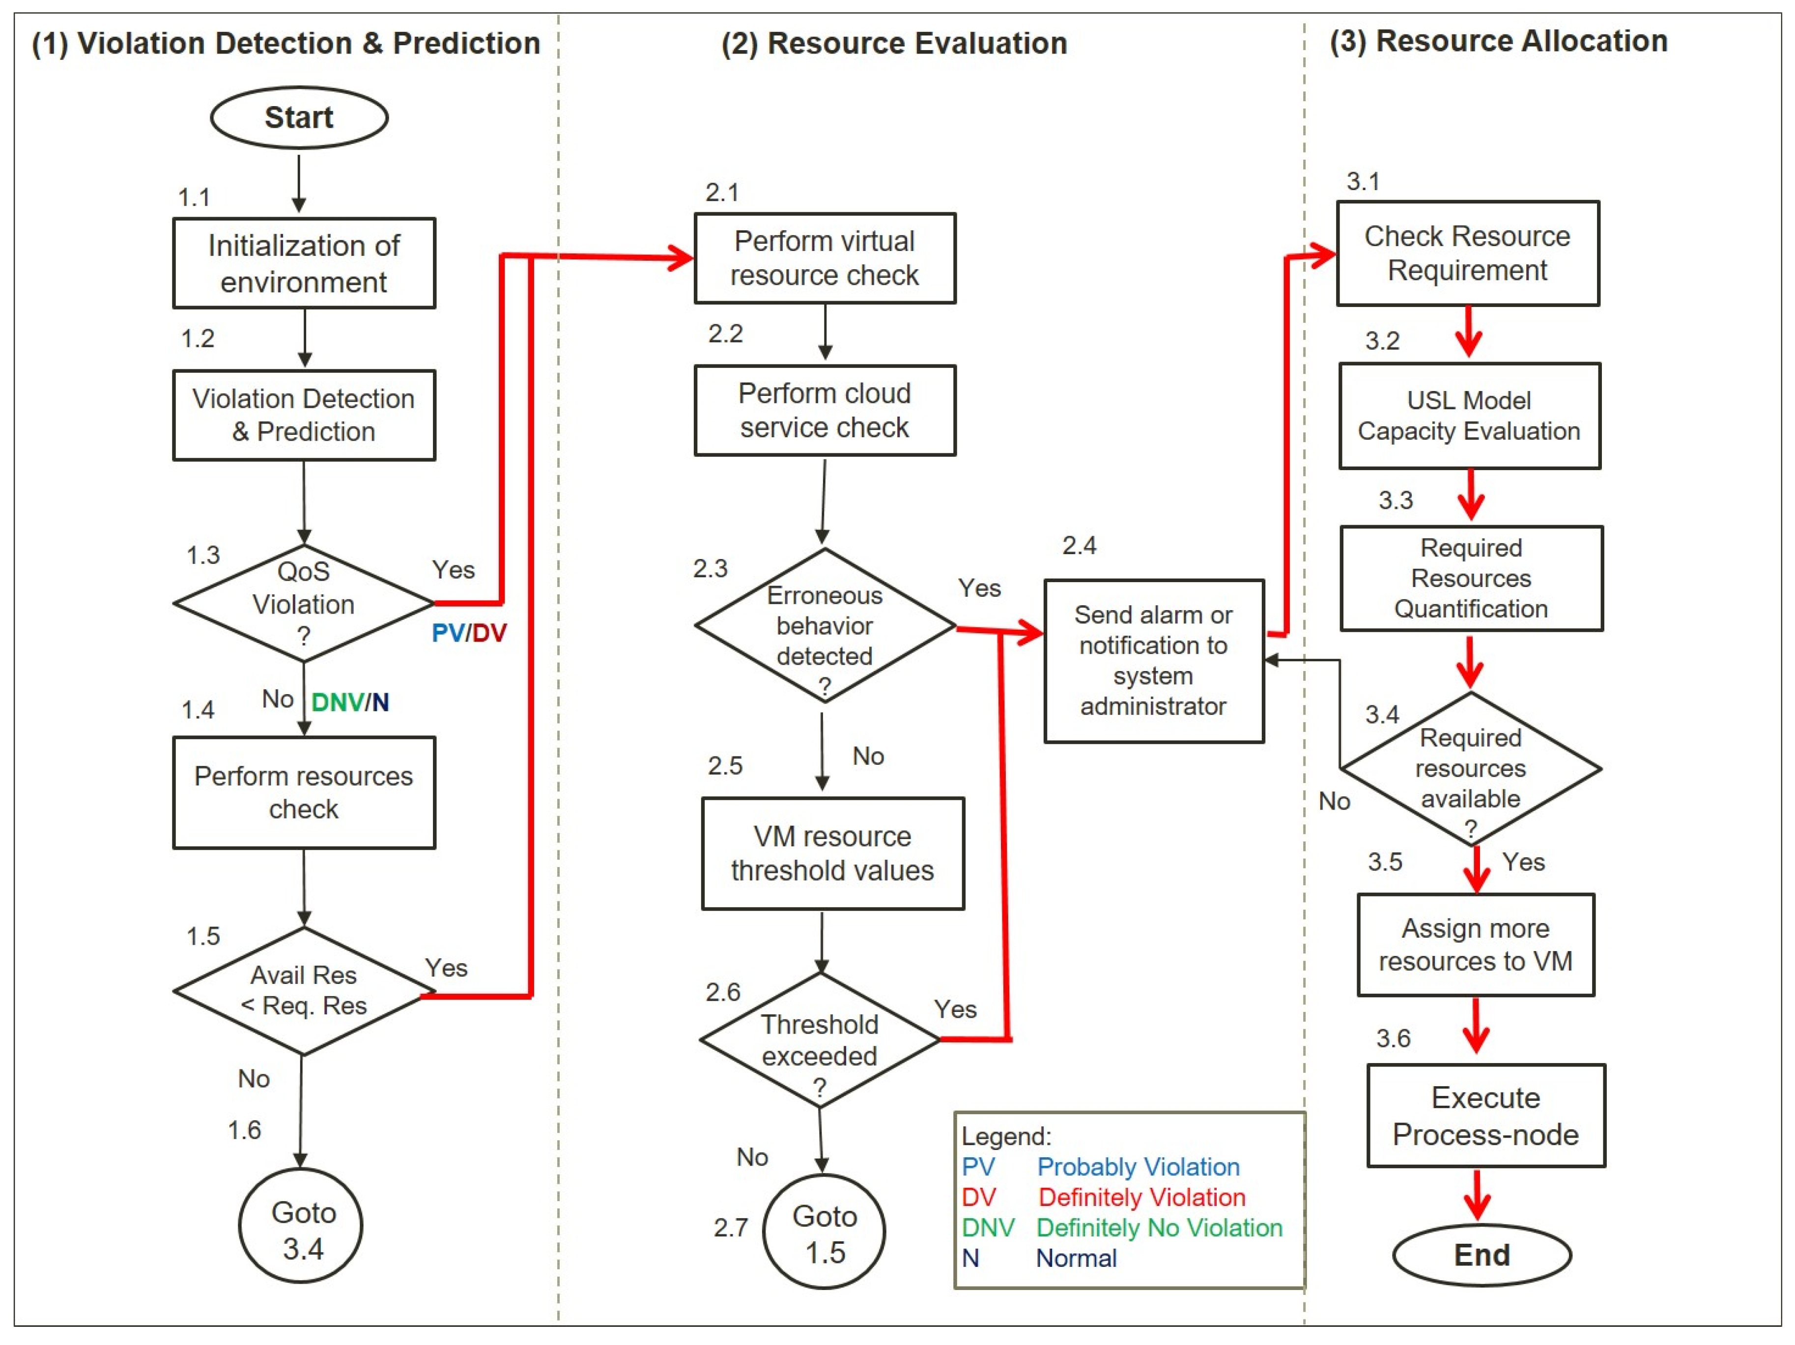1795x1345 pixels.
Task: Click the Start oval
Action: tap(299, 117)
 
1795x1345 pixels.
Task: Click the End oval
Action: tap(1482, 1255)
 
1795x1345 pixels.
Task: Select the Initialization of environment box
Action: tap(304, 263)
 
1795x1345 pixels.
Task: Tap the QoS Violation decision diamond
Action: tap(304, 604)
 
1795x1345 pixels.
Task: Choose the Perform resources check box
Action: tap(304, 792)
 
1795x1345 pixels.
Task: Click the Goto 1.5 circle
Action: tap(825, 1232)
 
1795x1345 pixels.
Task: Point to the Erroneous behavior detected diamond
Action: tap(825, 625)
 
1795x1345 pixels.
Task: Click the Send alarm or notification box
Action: tap(1153, 660)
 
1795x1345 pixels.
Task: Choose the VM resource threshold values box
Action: tap(832, 853)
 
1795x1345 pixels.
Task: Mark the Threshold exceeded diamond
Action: tap(820, 1040)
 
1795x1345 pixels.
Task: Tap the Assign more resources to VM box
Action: tap(1475, 944)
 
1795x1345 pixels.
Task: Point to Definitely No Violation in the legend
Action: tap(1158, 1228)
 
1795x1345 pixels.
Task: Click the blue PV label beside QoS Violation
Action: tap(447, 633)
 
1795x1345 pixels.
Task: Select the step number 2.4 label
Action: tap(1079, 545)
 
